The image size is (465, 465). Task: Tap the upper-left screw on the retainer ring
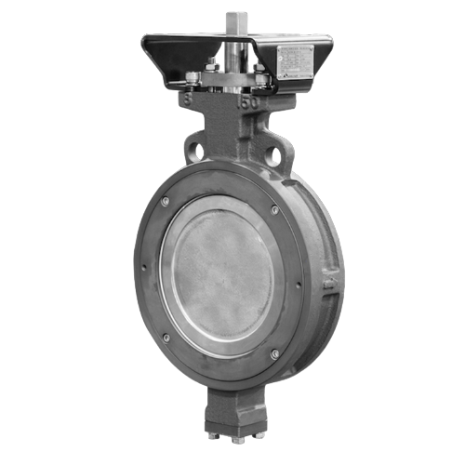165,203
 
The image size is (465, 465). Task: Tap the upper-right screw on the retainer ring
274,211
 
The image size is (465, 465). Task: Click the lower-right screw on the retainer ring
273,353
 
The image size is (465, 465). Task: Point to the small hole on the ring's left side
145,271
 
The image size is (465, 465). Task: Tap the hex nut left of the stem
212,66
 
